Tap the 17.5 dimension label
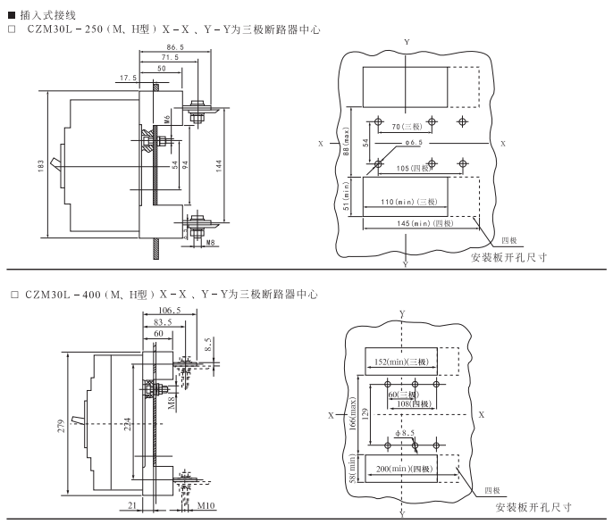pyautogui.click(x=128, y=79)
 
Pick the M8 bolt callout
pyautogui.click(x=210, y=241)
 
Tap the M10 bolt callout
pyautogui.click(x=206, y=507)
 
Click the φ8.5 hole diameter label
pyautogui.click(x=406, y=434)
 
